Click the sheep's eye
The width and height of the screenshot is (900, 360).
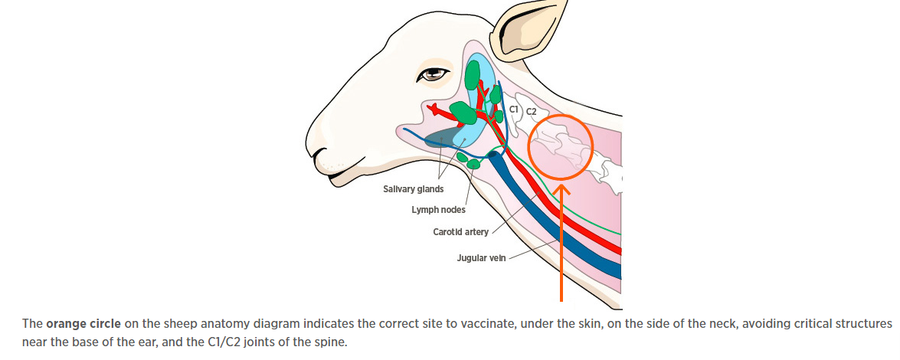pyautogui.click(x=435, y=74)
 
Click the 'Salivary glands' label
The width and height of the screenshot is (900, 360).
pyautogui.click(x=413, y=189)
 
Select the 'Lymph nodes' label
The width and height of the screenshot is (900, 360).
pyautogui.click(x=438, y=209)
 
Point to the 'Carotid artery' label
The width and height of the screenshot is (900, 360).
pyautogui.click(x=460, y=232)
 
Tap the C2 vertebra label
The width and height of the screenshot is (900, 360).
pyautogui.click(x=531, y=113)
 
